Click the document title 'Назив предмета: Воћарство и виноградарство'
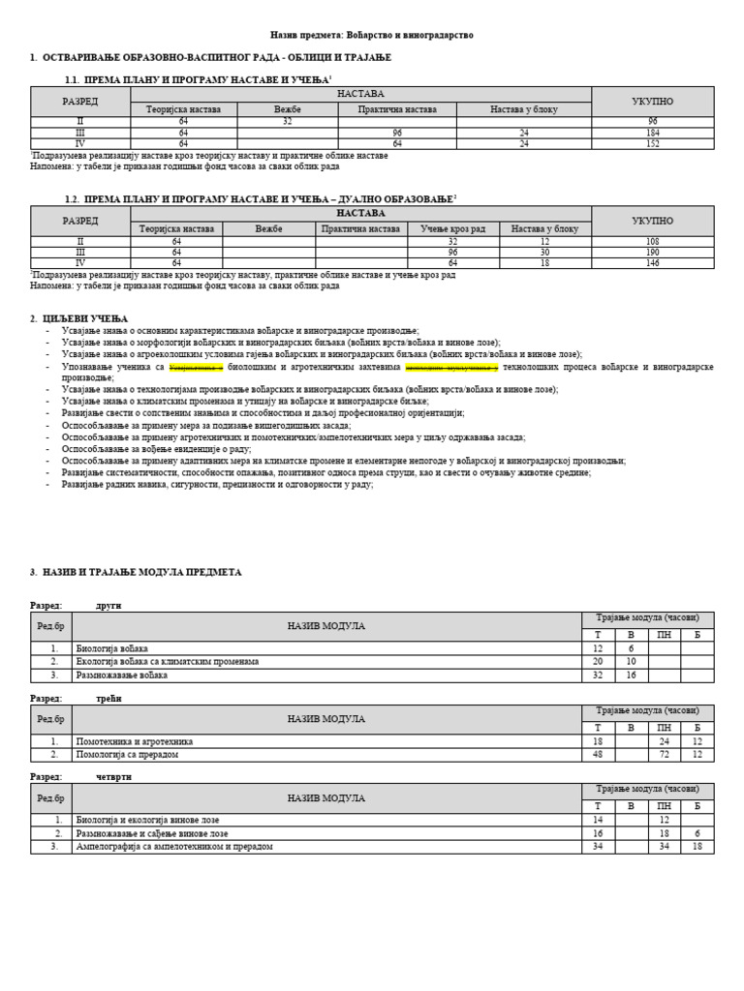tap(372, 35)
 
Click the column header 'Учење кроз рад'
tap(452, 229)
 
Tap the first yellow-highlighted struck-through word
tap(196, 367)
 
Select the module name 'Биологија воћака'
tap(112, 648)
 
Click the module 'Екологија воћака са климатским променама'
tap(167, 662)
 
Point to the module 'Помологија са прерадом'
tap(127, 755)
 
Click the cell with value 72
tap(664, 755)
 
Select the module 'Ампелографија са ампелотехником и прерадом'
tap(174, 847)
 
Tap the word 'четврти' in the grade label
tap(113, 777)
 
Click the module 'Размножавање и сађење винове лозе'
tap(152, 833)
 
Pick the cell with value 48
tap(598, 755)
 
